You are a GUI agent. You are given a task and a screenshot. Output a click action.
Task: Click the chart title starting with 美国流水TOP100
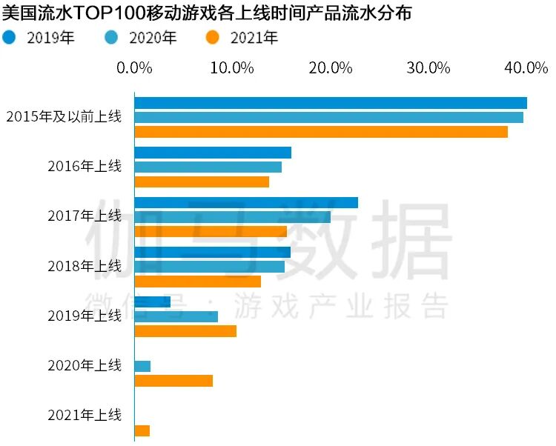(x=208, y=13)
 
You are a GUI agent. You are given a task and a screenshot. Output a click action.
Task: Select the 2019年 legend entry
(x=41, y=37)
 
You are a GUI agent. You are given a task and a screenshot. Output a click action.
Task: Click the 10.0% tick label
(x=232, y=68)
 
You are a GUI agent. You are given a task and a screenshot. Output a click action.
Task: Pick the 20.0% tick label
(x=330, y=68)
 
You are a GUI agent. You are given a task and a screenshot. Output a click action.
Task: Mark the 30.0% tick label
(x=428, y=68)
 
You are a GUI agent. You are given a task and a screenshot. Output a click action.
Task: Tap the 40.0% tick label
(x=526, y=68)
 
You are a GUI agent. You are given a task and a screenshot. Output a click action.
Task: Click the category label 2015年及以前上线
(x=63, y=116)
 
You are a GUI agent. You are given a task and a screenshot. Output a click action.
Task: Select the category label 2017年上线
(x=84, y=216)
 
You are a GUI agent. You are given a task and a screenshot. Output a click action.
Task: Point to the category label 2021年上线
(x=84, y=415)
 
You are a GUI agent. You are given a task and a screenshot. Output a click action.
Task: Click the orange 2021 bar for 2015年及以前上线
(x=320, y=132)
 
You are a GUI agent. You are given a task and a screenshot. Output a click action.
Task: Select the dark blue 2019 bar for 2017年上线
(x=245, y=202)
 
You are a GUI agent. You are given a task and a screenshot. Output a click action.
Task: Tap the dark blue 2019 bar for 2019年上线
(x=152, y=302)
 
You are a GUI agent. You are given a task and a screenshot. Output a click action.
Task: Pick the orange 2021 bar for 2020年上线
(x=173, y=381)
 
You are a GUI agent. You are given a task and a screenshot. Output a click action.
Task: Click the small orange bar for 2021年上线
(x=142, y=430)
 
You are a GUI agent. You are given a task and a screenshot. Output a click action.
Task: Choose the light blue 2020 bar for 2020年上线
(x=142, y=366)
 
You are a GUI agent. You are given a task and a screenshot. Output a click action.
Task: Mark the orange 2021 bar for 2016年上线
(x=201, y=182)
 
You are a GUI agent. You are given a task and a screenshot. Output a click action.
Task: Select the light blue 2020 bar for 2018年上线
(x=209, y=267)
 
